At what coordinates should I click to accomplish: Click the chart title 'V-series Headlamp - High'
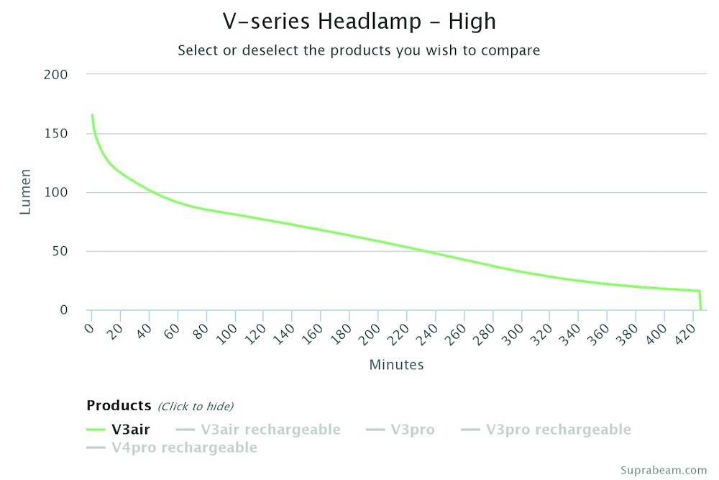(x=359, y=22)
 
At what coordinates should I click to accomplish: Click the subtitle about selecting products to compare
(x=359, y=50)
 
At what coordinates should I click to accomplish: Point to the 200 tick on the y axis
(x=57, y=75)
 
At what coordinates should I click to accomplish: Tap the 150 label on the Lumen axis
(x=57, y=134)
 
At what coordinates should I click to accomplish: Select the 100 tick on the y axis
(x=57, y=193)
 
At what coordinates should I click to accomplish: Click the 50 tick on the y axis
(x=60, y=252)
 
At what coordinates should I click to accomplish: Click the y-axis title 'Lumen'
(x=26, y=192)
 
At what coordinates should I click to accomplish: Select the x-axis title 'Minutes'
(x=396, y=365)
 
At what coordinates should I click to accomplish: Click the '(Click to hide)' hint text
(x=196, y=407)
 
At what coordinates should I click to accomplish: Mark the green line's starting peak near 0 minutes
(x=92, y=115)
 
